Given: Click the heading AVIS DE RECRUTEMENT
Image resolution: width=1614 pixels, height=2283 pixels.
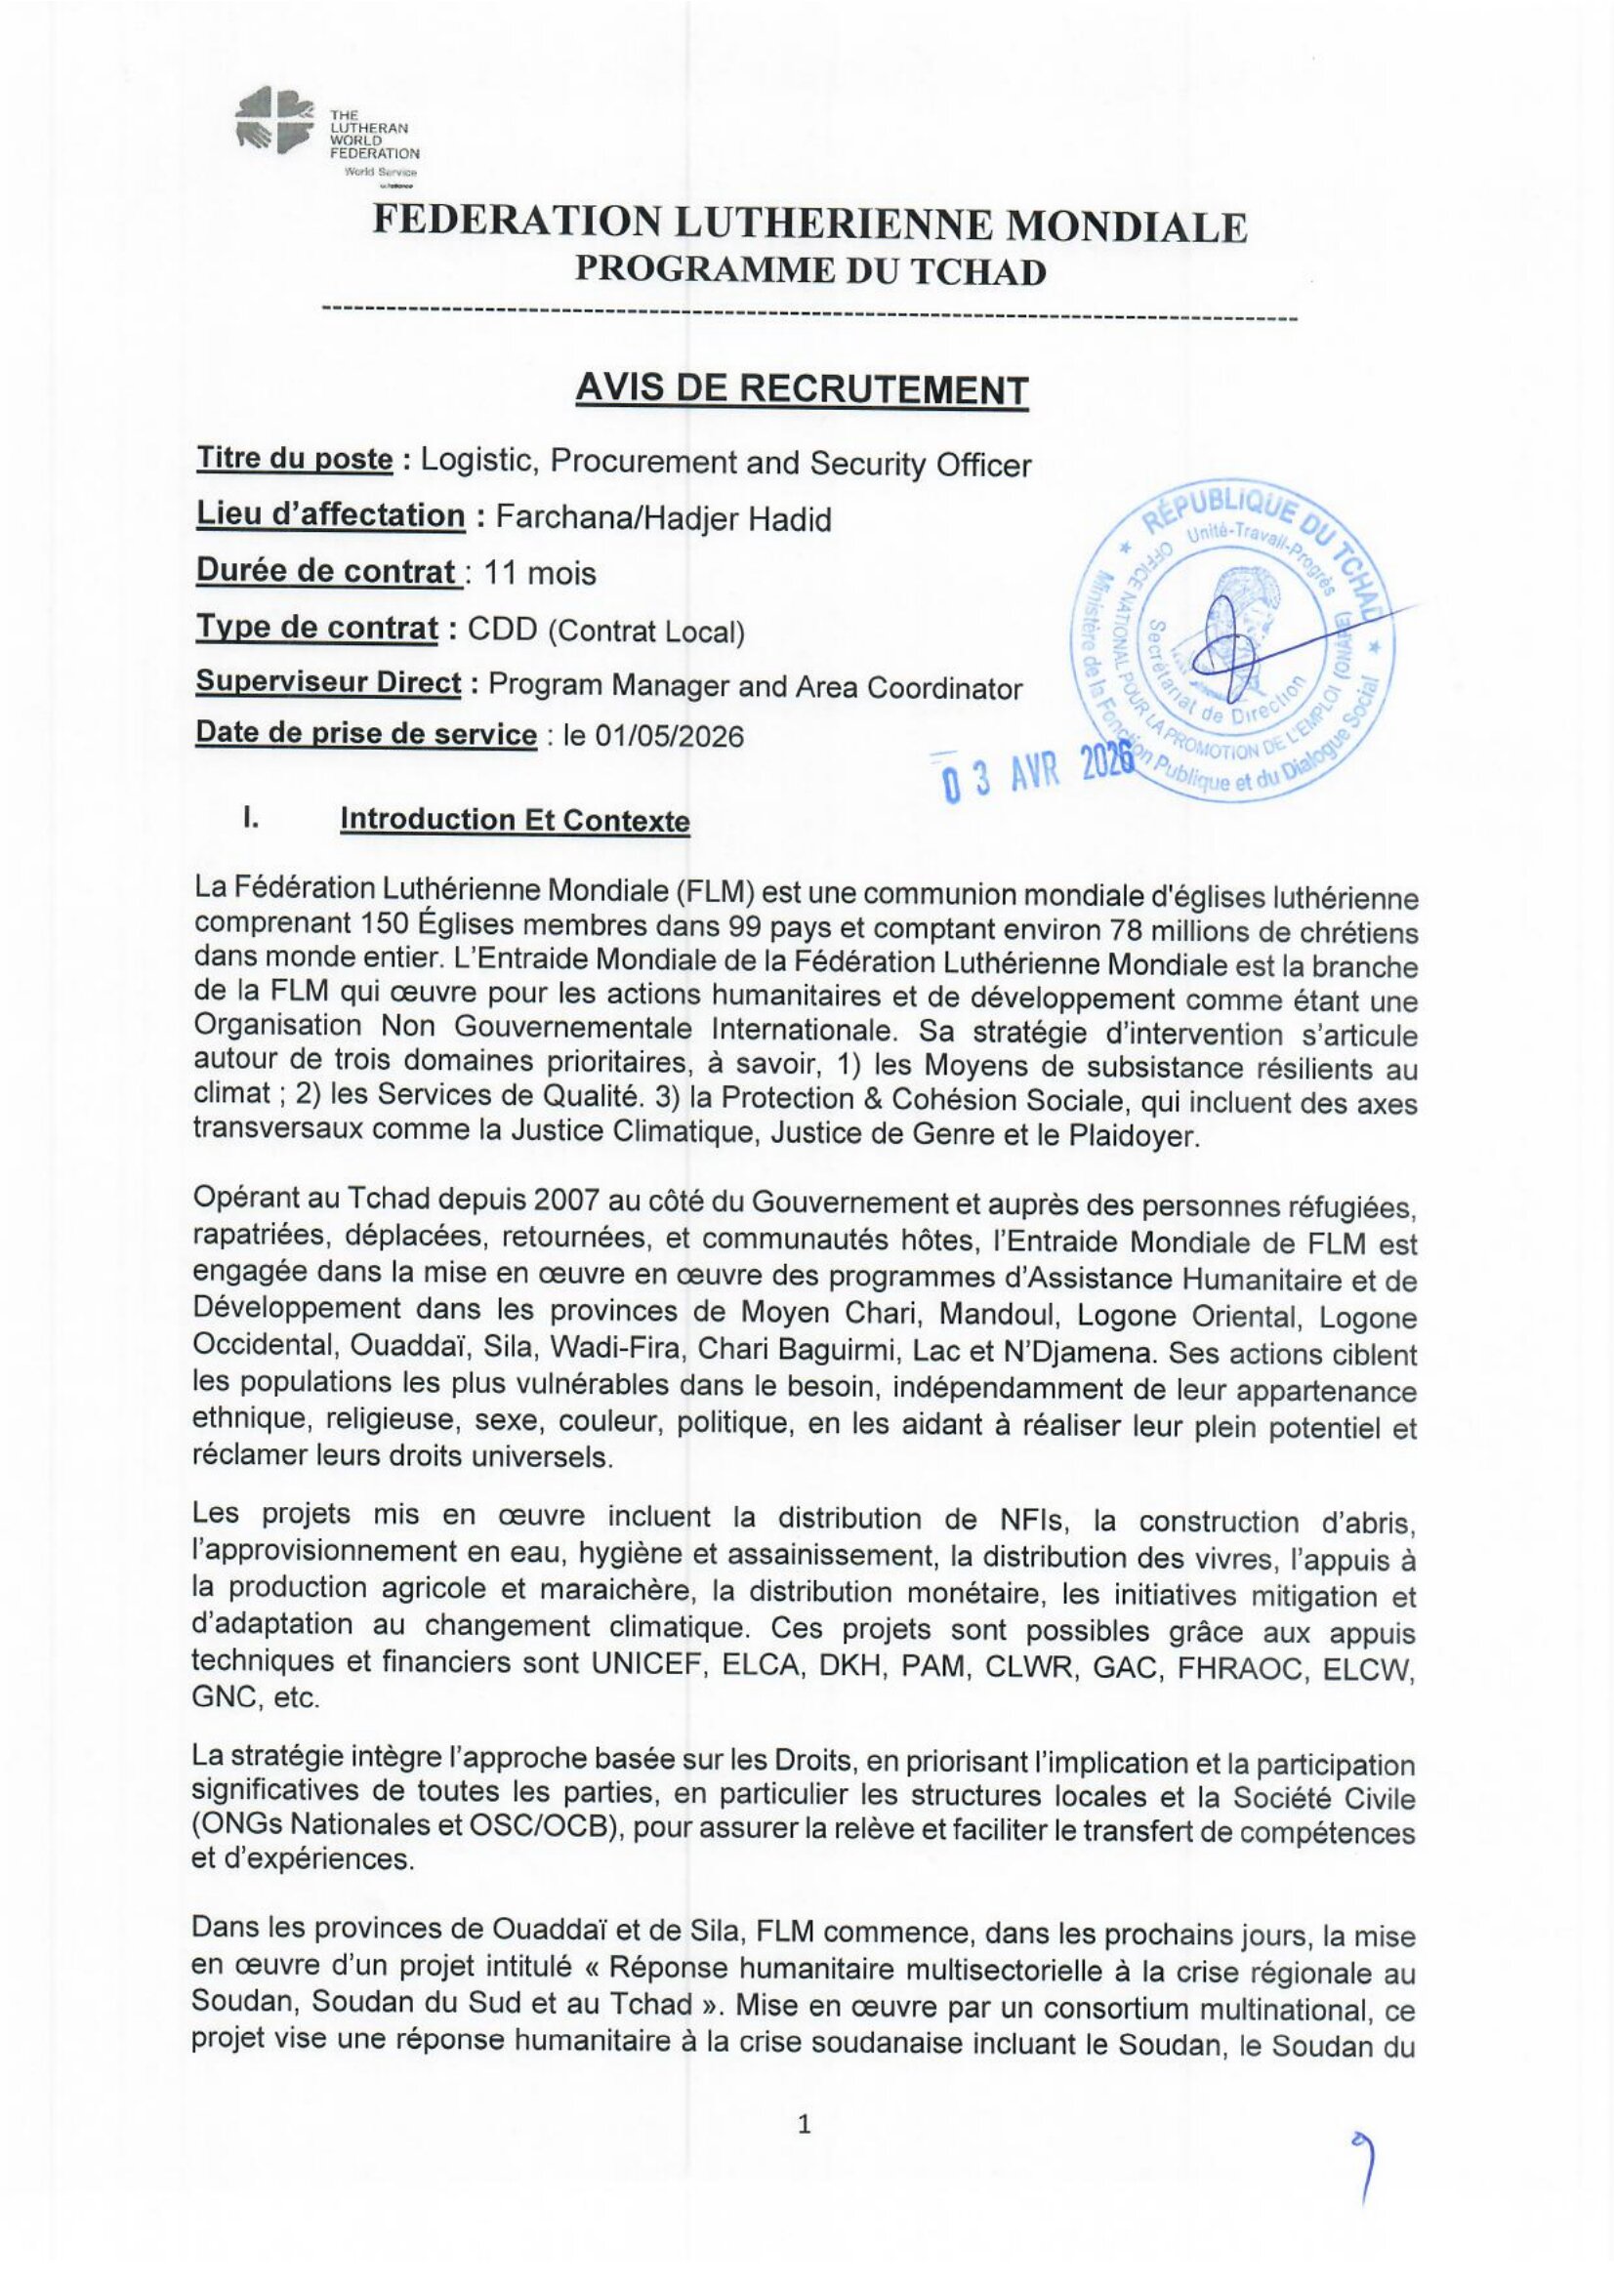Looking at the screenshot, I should point(801,388).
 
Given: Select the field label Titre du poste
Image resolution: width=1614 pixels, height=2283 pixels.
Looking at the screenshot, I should point(294,460).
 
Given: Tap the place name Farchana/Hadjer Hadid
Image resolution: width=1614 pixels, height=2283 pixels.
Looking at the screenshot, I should point(663,519).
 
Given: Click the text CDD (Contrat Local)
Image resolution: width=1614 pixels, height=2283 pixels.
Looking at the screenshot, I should point(605,631).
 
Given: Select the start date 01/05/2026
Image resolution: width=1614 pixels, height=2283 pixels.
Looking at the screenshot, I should point(669,736).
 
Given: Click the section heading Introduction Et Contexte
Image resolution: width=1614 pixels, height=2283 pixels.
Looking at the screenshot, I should point(515,820).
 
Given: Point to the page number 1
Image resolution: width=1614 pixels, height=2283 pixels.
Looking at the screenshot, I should point(805,2120).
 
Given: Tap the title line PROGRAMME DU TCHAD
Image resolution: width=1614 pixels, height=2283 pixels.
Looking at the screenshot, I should point(810,271).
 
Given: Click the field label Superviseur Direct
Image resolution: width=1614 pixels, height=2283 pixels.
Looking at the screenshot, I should point(328,683).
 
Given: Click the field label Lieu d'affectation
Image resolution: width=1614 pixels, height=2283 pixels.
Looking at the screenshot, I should point(329,516).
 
